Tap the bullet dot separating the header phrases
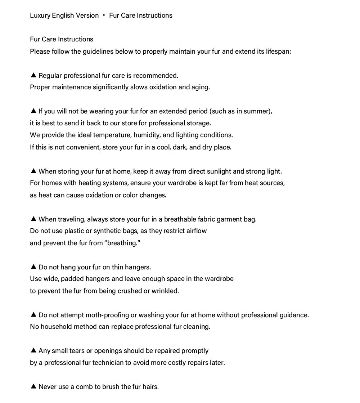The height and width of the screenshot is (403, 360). pyautogui.click(x=104, y=15)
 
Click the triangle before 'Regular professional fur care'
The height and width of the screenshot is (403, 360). pyautogui.click(x=33, y=75)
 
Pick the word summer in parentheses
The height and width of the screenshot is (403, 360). pyautogui.click(x=256, y=111)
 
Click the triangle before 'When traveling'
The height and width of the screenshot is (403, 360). pyautogui.click(x=33, y=219)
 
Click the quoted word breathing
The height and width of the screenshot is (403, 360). pyautogui.click(x=122, y=243)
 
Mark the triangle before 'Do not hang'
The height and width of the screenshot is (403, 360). pyautogui.click(x=33, y=267)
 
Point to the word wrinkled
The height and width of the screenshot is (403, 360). pyautogui.click(x=165, y=291)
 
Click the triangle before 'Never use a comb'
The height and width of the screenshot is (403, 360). pyautogui.click(x=33, y=386)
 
